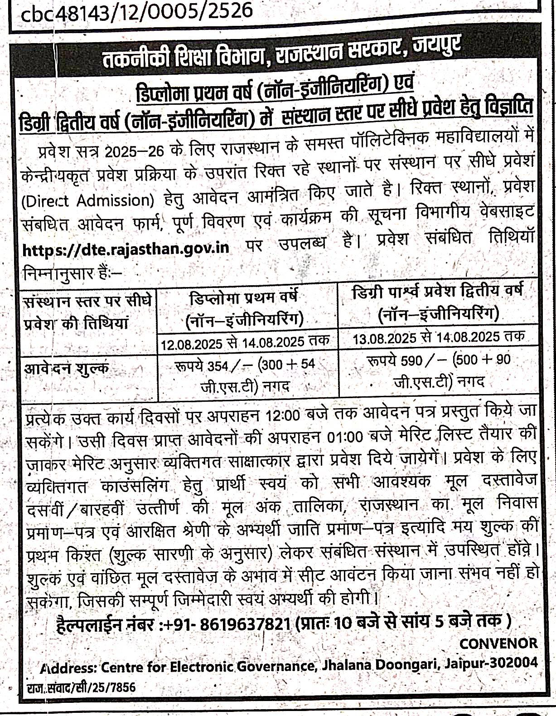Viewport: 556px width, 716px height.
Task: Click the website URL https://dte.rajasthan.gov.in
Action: click(125, 248)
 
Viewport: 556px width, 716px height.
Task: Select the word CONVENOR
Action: click(498, 643)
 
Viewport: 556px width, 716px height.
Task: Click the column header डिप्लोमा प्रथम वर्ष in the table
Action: click(244, 298)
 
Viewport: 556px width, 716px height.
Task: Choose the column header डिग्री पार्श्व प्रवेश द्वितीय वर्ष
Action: click(438, 290)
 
